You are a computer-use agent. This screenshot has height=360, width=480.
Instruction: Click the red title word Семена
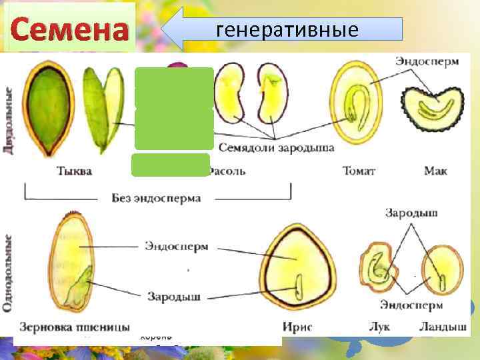(69, 30)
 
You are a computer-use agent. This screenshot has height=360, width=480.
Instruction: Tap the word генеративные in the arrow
(287, 29)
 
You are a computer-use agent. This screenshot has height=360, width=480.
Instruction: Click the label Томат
(359, 171)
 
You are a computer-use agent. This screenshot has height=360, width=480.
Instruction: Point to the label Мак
(435, 171)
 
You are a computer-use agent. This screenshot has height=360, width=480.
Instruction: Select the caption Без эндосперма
(156, 197)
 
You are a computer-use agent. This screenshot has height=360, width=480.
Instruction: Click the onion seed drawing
(377, 269)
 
